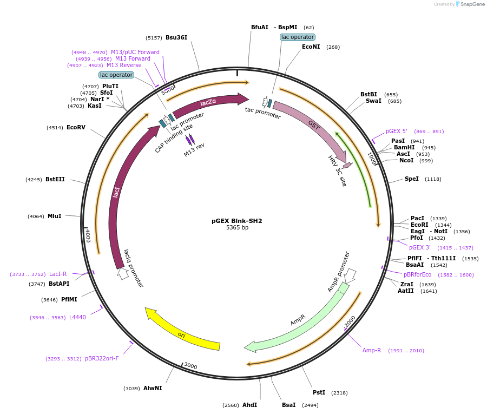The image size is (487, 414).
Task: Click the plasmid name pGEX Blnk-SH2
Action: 236,221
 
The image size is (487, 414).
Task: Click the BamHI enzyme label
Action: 404,148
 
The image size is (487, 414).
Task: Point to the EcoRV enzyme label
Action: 76,128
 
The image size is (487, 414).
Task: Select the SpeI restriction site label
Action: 411,179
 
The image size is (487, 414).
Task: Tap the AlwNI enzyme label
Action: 153,389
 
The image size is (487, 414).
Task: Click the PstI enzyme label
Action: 319,393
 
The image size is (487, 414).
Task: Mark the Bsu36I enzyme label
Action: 176,38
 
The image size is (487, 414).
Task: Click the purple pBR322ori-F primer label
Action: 102,358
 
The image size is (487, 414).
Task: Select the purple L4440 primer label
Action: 77,318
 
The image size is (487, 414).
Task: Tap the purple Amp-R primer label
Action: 372,351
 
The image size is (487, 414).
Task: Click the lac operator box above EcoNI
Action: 298,37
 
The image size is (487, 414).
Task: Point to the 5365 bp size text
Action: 237,228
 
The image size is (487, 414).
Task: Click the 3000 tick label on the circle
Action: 190,366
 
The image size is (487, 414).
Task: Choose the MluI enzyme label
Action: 55,216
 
